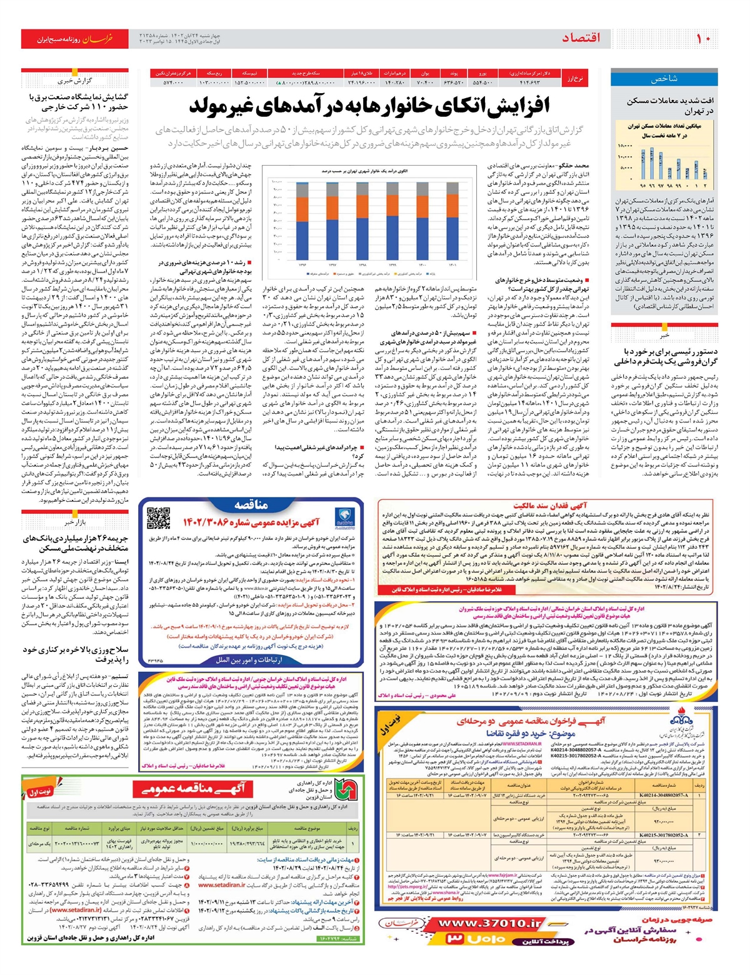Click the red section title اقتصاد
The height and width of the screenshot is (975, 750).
[x=581, y=39]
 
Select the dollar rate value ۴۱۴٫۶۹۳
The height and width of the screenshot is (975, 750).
[x=529, y=82]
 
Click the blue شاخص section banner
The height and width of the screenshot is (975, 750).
[x=664, y=79]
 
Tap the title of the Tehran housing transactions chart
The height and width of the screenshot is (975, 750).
[x=664, y=130]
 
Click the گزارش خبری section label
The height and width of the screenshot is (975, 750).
[x=75, y=81]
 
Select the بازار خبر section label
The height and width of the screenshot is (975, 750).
[x=75, y=522]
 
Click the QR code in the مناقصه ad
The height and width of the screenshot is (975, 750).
[x=159, y=519]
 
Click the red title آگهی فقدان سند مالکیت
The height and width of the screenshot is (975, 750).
[x=549, y=505]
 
